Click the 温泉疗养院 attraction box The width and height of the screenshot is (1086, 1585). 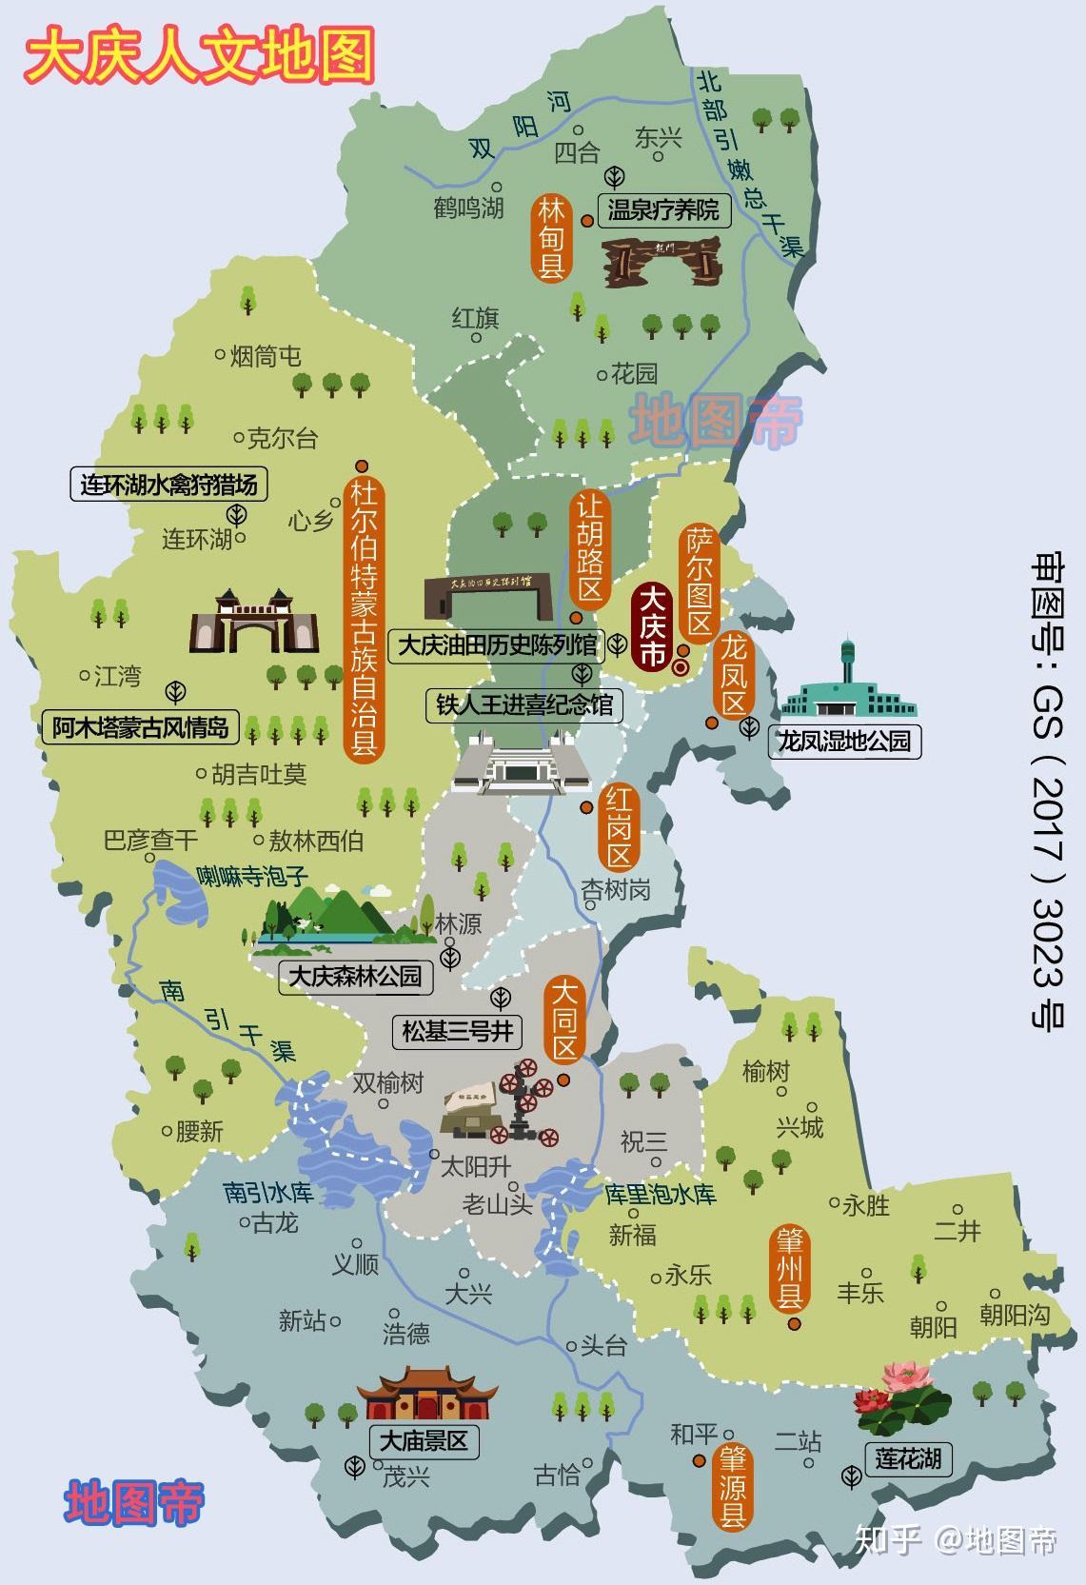click(662, 209)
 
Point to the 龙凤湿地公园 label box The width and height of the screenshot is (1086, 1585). click(844, 741)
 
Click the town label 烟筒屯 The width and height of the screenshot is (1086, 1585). click(266, 356)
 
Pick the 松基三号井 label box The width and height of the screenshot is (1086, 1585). click(457, 1030)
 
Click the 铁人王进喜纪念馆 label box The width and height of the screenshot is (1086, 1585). click(524, 705)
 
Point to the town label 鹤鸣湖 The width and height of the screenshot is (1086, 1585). click(468, 207)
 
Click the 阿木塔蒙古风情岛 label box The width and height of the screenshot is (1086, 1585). click(140, 728)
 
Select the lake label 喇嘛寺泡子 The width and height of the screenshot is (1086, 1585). click(252, 876)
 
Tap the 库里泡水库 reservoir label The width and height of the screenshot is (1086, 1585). click(661, 1194)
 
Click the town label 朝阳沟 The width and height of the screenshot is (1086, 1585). click(1015, 1316)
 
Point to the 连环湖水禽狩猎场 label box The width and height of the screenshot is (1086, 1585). click(169, 485)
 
